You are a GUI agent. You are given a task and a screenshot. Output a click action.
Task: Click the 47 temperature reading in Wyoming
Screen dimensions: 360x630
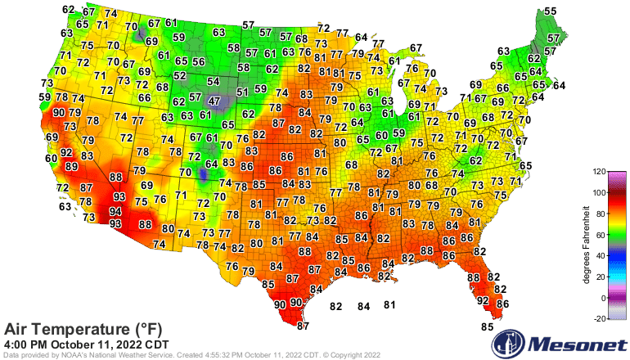(x=214, y=101)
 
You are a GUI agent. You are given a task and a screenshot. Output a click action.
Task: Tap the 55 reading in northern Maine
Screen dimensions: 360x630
(x=551, y=11)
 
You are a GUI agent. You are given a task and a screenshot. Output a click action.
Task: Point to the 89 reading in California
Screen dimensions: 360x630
(x=72, y=167)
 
